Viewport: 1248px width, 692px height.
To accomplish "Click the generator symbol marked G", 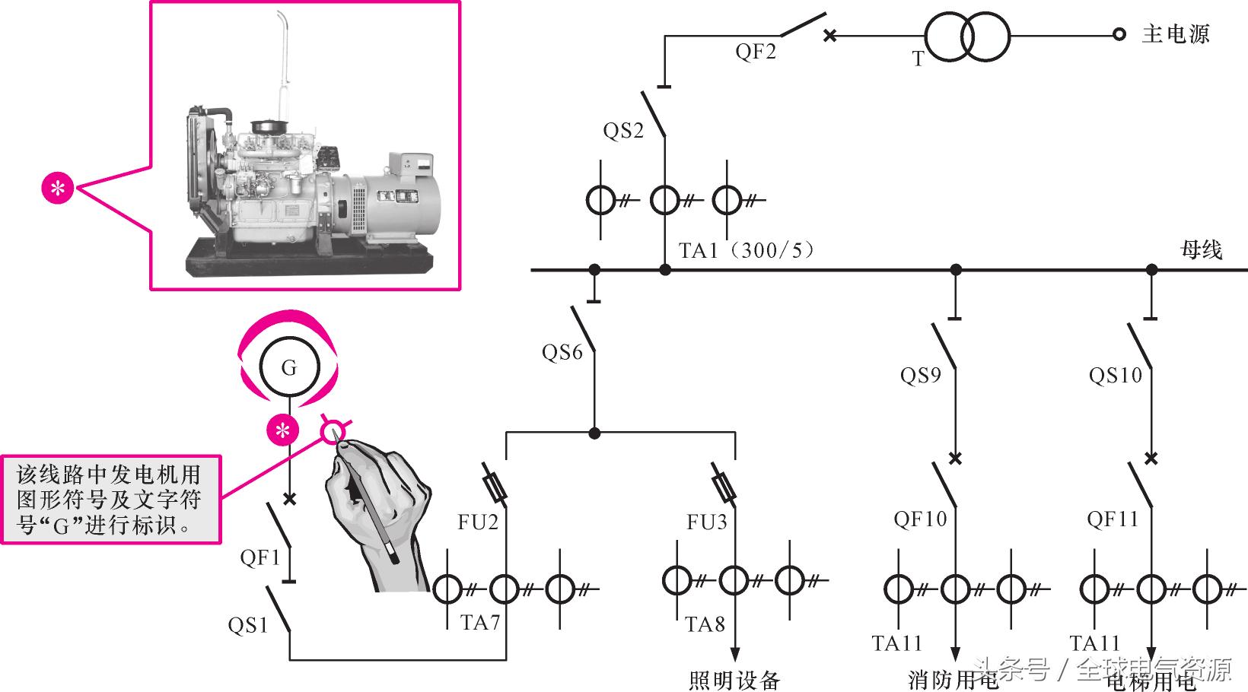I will [x=288, y=368].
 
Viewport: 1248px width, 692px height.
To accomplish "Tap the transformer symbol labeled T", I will [x=966, y=36].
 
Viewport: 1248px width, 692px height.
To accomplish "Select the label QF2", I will [x=756, y=52].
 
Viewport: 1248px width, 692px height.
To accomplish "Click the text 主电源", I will [x=1176, y=34].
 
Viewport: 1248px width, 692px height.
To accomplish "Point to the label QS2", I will [x=623, y=131].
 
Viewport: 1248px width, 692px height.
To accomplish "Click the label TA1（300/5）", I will [x=747, y=250].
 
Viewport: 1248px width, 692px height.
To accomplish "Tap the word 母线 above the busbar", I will [x=1201, y=249].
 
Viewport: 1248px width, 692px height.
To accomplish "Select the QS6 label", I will [x=562, y=352].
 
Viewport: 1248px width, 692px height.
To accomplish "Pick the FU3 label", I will [x=707, y=522].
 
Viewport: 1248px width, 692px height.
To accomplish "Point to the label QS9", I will [x=921, y=375].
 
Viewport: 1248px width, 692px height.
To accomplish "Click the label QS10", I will [x=1116, y=375].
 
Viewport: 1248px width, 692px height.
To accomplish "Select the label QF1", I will [x=260, y=557].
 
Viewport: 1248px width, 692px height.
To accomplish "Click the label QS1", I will [x=248, y=625].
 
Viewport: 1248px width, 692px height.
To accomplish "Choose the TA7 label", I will [x=480, y=623].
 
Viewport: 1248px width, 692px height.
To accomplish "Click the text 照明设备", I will [x=734, y=679].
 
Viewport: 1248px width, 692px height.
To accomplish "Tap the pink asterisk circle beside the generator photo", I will [x=58, y=188].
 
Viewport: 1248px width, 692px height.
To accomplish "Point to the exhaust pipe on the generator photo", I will [x=282, y=53].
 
